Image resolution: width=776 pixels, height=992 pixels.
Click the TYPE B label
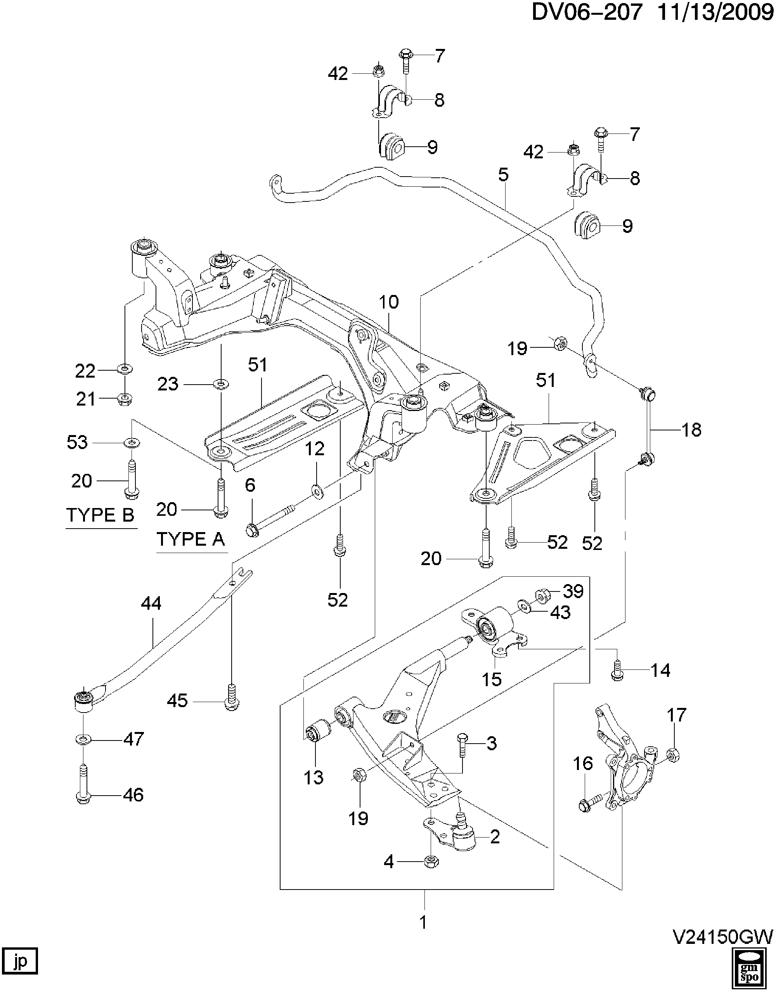click(x=100, y=515)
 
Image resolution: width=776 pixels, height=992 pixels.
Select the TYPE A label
click(x=191, y=539)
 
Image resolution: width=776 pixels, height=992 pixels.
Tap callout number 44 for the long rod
click(x=151, y=604)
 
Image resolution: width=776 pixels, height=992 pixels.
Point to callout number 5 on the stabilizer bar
click(x=503, y=175)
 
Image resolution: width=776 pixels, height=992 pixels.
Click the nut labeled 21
click(x=125, y=399)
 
